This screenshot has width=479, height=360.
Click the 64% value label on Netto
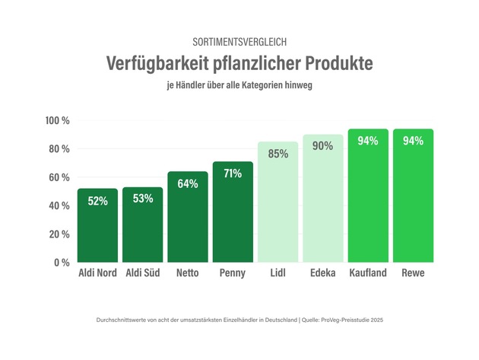[x=188, y=183]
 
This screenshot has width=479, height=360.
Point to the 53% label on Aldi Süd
[x=143, y=199]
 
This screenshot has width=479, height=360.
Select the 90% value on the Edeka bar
[x=323, y=146]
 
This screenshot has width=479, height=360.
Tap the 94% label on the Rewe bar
[x=413, y=141]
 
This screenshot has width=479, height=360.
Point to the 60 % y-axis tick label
[x=59, y=177]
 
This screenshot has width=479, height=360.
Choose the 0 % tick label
[x=62, y=263]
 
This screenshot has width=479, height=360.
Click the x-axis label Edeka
[x=323, y=273]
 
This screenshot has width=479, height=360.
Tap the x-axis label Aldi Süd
[x=143, y=273]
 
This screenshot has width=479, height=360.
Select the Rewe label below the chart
[x=413, y=273]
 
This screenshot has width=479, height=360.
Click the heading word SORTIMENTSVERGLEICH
[x=239, y=41]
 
